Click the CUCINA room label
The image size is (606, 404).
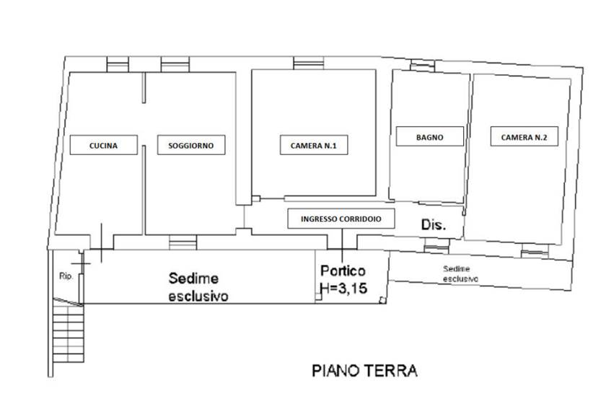pos(104,145)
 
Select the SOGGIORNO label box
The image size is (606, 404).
pos(191,145)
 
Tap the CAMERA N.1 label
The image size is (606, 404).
pos(314,145)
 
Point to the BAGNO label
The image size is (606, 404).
pos(430,136)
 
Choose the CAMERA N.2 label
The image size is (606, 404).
pos(524,136)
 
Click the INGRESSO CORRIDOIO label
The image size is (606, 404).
pos(341,219)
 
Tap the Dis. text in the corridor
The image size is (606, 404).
pos(434,224)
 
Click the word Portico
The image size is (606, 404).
pos(343,271)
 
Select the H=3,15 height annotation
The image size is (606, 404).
pos(343,288)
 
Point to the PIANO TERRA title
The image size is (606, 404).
pos(364,370)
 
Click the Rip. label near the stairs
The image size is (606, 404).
pos(66,276)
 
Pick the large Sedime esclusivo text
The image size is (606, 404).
pos(198,287)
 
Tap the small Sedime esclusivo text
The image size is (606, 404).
pos(460,273)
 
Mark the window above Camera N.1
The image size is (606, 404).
pos(309,63)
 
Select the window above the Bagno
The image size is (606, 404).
pos(423,66)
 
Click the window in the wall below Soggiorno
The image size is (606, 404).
pos(183,242)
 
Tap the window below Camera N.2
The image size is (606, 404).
pos(535,251)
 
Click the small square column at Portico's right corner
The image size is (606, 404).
pos(382,300)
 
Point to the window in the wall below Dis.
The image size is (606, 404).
pos(436,246)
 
